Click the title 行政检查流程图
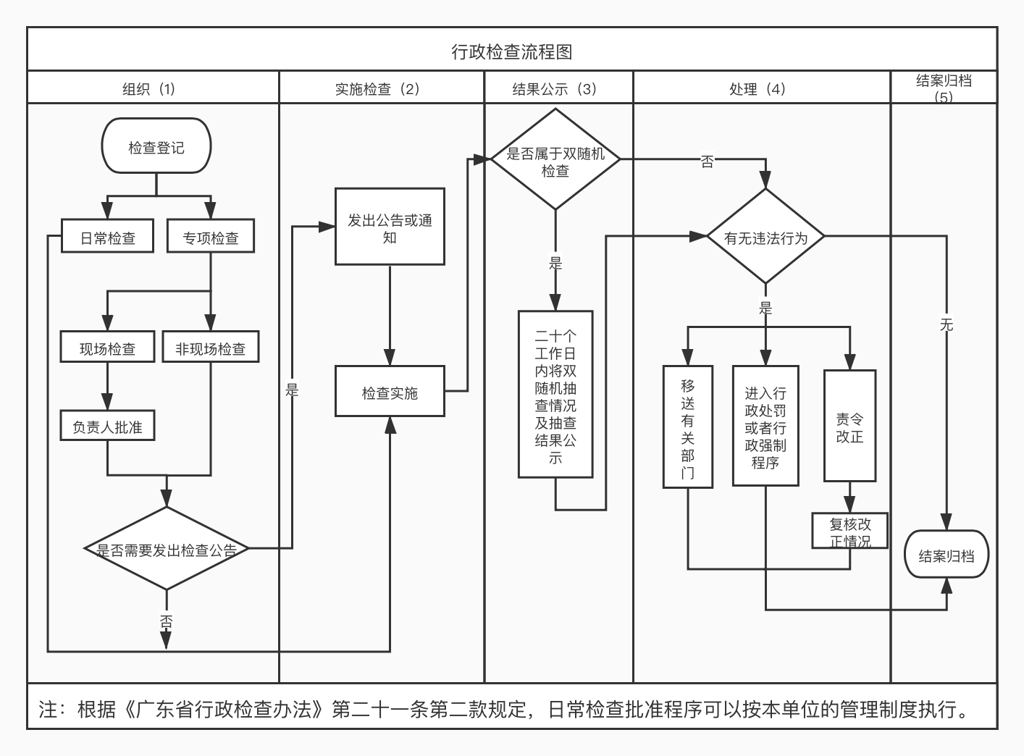512,52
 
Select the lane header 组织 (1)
149,89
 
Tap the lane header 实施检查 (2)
377,89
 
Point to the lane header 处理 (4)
757,89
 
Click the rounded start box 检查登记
156,148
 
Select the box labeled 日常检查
107,238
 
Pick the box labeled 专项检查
211,238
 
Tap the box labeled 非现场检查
211,348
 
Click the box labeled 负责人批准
107,427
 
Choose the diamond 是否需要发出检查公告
167,550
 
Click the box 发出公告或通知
390,228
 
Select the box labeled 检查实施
390,393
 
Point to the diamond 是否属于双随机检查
555,161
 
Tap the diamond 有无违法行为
765,238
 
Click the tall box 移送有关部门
687,427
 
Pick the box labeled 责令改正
849,427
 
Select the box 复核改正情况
849,532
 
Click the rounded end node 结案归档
946,555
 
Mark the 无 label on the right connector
946,325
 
